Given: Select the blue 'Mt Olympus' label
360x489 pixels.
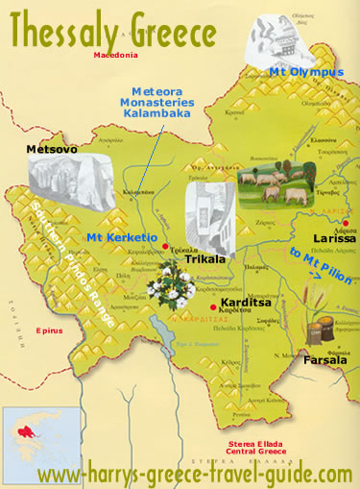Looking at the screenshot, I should pyautogui.click(x=291, y=73).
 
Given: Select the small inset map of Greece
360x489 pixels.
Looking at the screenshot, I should pyautogui.click(x=32, y=435).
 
